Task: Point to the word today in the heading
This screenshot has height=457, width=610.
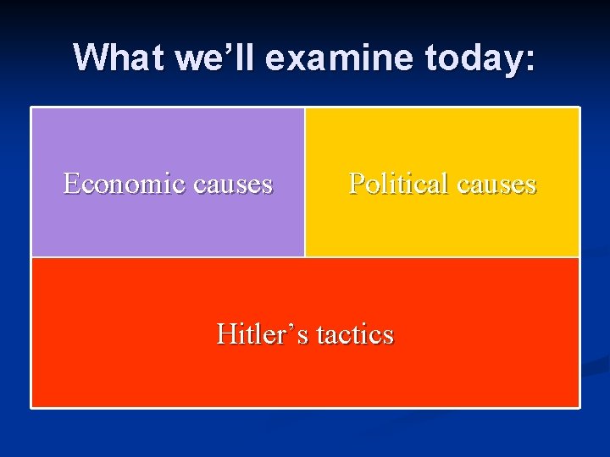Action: [474, 58]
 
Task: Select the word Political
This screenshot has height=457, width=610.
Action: [396, 183]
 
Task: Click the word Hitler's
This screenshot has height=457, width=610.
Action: [262, 333]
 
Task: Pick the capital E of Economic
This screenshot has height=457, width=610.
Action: [72, 183]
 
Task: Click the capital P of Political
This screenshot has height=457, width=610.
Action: [357, 183]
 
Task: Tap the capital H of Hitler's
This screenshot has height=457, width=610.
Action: [226, 333]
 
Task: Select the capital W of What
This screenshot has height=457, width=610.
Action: [90, 58]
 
